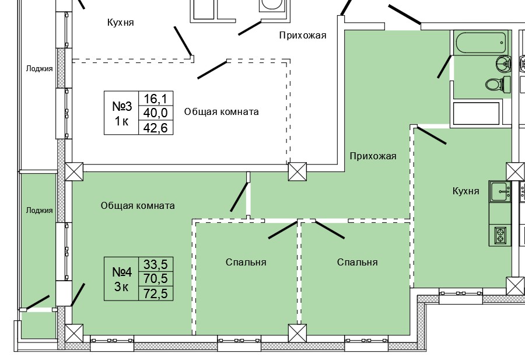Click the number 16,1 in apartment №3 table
155,99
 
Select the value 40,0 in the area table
155,114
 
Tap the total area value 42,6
155,128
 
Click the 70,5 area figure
155,280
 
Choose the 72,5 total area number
155,294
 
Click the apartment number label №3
122,106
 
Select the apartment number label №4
122,272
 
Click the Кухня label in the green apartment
466,191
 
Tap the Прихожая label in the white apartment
302,36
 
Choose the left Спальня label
246,262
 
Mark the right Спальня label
357,262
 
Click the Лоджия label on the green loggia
39,211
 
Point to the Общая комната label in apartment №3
221,111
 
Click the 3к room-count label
122,286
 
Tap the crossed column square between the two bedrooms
297,333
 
